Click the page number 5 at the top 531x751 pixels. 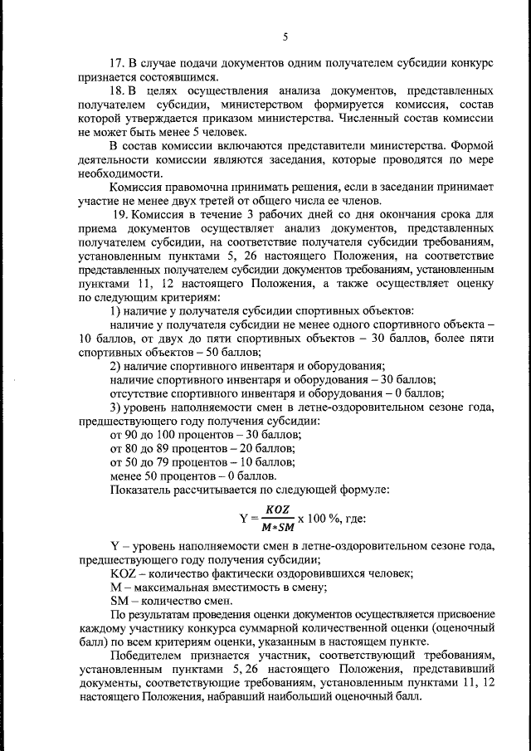coord(285,37)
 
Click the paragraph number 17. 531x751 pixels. coord(117,62)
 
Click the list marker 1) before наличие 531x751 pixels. coord(114,309)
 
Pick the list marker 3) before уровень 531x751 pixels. coord(114,407)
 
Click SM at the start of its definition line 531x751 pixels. coord(119,600)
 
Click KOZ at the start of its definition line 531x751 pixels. coord(123,573)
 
